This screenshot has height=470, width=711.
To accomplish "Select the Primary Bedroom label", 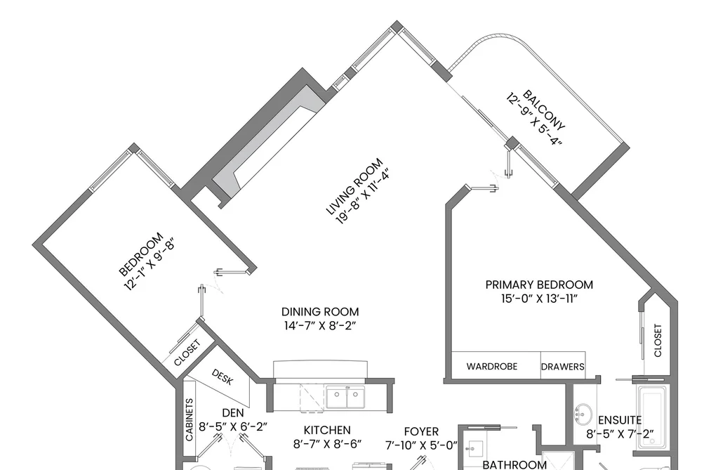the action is pyautogui.click(x=539, y=285).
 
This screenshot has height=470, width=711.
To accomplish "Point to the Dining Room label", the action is pyautogui.click(x=320, y=312).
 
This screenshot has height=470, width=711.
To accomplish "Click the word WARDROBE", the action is pyautogui.click(x=492, y=366).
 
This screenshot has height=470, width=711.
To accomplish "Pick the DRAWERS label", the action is pyautogui.click(x=563, y=367).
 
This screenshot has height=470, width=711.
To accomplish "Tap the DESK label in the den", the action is pyautogui.click(x=222, y=377).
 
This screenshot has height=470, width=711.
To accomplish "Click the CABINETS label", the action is pyautogui.click(x=190, y=419).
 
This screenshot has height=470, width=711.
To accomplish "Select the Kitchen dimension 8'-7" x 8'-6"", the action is pyautogui.click(x=327, y=444).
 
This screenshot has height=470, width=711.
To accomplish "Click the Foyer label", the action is pyautogui.click(x=421, y=431).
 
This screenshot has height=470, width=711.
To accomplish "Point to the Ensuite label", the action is pyautogui.click(x=620, y=420).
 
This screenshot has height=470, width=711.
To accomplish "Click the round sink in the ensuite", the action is pyautogui.click(x=583, y=413).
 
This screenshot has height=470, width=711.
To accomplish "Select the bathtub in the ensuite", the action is pyautogui.click(x=651, y=414).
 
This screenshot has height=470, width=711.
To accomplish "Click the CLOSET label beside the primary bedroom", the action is pyautogui.click(x=658, y=340).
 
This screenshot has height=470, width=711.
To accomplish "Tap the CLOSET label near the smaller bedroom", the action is pyautogui.click(x=187, y=353).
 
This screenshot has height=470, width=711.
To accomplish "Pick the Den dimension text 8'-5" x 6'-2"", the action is pyautogui.click(x=233, y=427).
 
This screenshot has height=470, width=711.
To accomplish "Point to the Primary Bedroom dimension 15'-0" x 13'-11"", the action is pyautogui.click(x=539, y=299).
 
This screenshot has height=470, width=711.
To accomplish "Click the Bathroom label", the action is pyautogui.click(x=514, y=464).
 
